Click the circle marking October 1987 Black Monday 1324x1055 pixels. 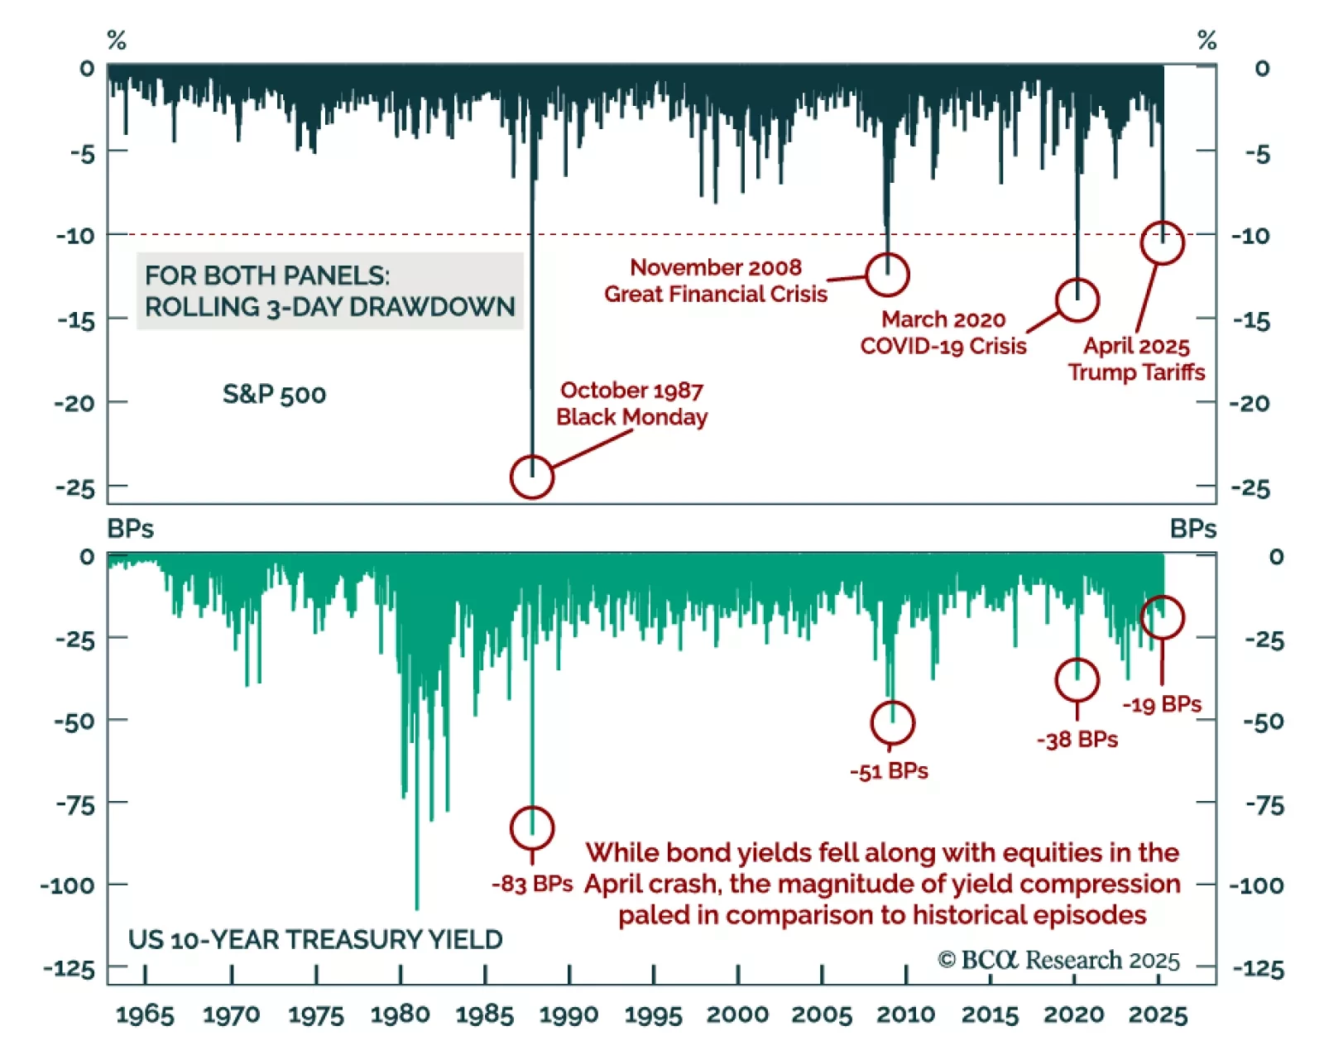pyautogui.click(x=531, y=477)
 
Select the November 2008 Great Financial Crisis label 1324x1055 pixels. pyautogui.click(x=716, y=281)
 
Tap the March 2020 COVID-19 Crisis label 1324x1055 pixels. pyautogui.click(x=943, y=333)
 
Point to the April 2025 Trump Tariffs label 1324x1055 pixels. pyautogui.click(x=1136, y=358)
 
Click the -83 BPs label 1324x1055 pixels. pyautogui.click(x=532, y=884)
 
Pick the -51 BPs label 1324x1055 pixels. pyautogui.click(x=889, y=771)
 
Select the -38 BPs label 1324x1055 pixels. pyautogui.click(x=1077, y=739)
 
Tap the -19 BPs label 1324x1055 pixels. pyautogui.click(x=1162, y=704)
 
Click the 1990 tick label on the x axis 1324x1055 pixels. pyautogui.click(x=568, y=1014)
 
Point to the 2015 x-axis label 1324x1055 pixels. pyautogui.click(x=990, y=1014)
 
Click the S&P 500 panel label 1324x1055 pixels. pyautogui.click(x=274, y=394)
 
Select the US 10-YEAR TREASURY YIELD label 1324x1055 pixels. pyautogui.click(x=315, y=939)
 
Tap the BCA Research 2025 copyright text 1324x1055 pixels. pyautogui.click(x=1058, y=960)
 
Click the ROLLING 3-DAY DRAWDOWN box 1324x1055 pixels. pyautogui.click(x=329, y=291)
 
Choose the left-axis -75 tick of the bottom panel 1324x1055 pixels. pyautogui.click(x=74, y=804)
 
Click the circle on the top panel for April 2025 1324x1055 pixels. pyautogui.click(x=1162, y=242)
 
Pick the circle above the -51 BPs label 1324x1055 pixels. pyautogui.click(x=892, y=722)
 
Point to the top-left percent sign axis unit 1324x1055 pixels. pyautogui.click(x=117, y=40)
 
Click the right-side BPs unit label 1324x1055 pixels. pyautogui.click(x=1192, y=529)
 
